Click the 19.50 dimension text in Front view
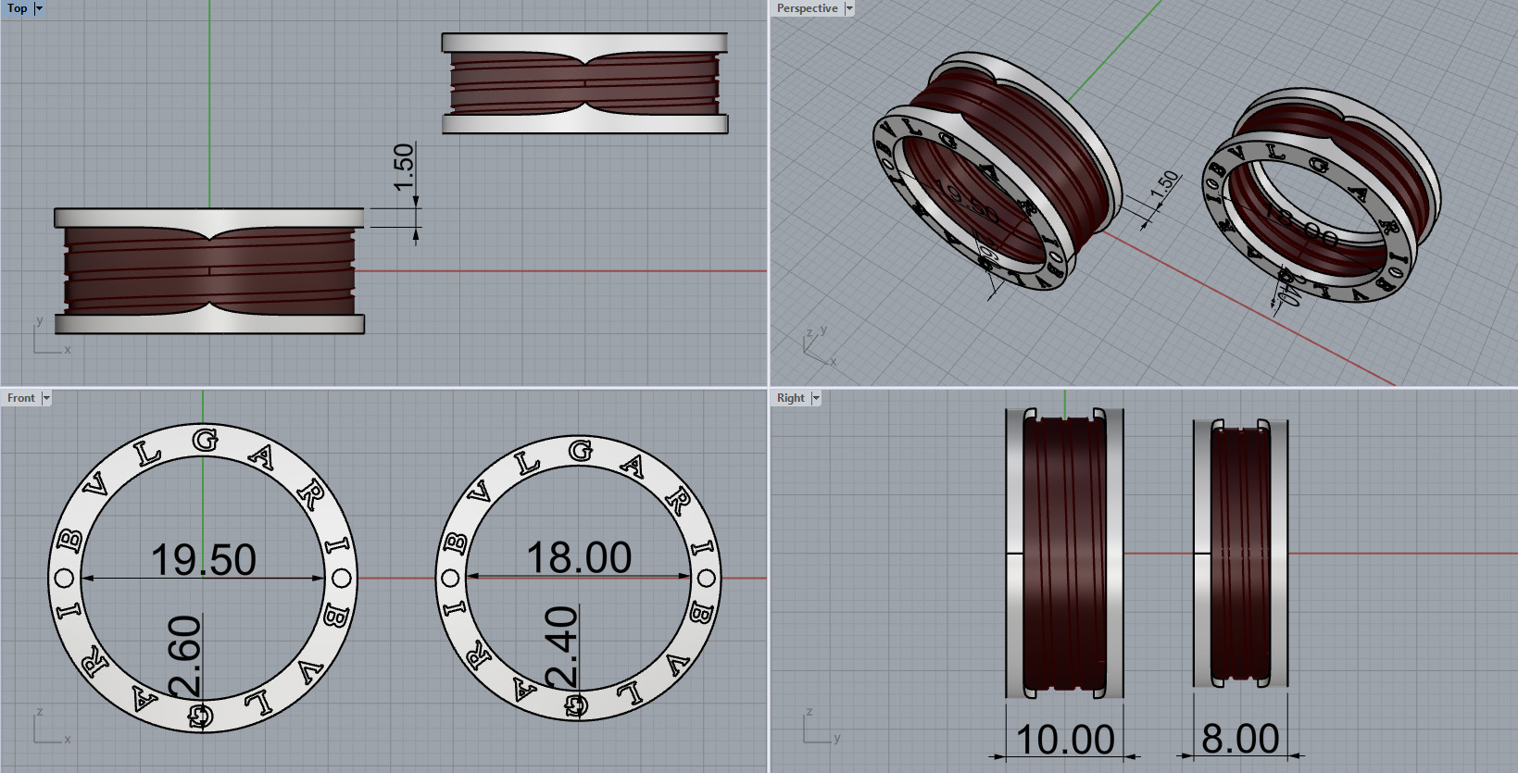tap(203, 560)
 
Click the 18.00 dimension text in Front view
tap(579, 558)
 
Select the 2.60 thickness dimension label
tap(185, 655)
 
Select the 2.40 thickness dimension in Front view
tap(562, 647)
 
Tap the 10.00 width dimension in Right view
tap(1065, 740)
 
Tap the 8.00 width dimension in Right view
tap(1240, 739)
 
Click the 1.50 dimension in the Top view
tap(404, 167)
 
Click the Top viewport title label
tap(17, 8)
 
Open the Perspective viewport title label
tap(806, 8)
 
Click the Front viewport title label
tap(20, 398)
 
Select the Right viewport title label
tap(790, 398)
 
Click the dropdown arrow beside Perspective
tap(849, 8)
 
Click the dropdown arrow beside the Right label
tap(816, 398)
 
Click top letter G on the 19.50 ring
tap(205, 441)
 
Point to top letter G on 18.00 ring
tap(580, 451)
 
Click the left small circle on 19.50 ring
tap(65, 579)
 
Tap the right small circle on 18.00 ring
tap(707, 580)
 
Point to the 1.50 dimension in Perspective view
tap(1164, 181)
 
